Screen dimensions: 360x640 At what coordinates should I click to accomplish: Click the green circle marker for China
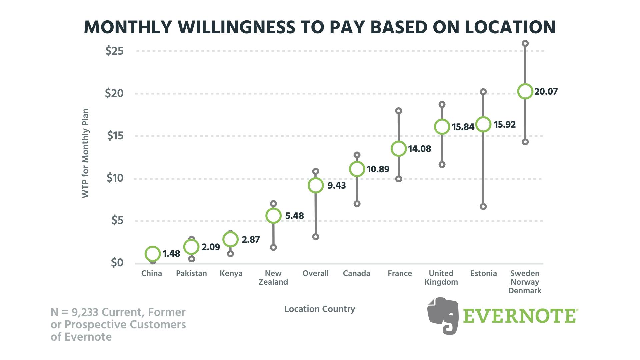coord(152,254)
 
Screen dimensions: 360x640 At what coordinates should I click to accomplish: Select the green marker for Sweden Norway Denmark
coord(525,91)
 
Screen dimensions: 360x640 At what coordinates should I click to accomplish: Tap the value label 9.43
coord(336,186)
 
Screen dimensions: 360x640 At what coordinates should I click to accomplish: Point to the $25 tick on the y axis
coord(114,51)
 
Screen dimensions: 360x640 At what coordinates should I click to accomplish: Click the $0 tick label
coord(117,263)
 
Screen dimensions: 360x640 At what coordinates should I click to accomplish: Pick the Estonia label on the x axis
coord(483,273)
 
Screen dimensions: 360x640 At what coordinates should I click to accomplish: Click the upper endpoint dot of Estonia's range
coord(483,92)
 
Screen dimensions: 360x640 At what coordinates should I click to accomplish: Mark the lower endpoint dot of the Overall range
coord(316,237)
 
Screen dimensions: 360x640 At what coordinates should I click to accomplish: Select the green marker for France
coord(399,149)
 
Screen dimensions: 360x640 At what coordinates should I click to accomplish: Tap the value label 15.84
coord(463,127)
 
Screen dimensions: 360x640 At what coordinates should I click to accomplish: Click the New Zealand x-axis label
coord(273,278)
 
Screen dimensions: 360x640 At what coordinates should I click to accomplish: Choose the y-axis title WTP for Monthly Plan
coord(86,153)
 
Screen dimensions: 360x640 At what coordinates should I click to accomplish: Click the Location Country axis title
coord(320,309)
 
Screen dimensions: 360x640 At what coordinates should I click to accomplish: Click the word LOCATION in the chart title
coord(510,27)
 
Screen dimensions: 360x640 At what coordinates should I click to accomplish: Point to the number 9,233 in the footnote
coord(85,312)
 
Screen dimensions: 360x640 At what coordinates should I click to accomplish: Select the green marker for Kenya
coord(230,239)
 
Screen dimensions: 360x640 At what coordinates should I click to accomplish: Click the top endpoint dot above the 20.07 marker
coord(525,44)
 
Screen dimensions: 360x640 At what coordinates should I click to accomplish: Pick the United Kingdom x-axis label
coord(441,278)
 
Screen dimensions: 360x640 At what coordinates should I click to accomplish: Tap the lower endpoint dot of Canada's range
coord(357,204)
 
